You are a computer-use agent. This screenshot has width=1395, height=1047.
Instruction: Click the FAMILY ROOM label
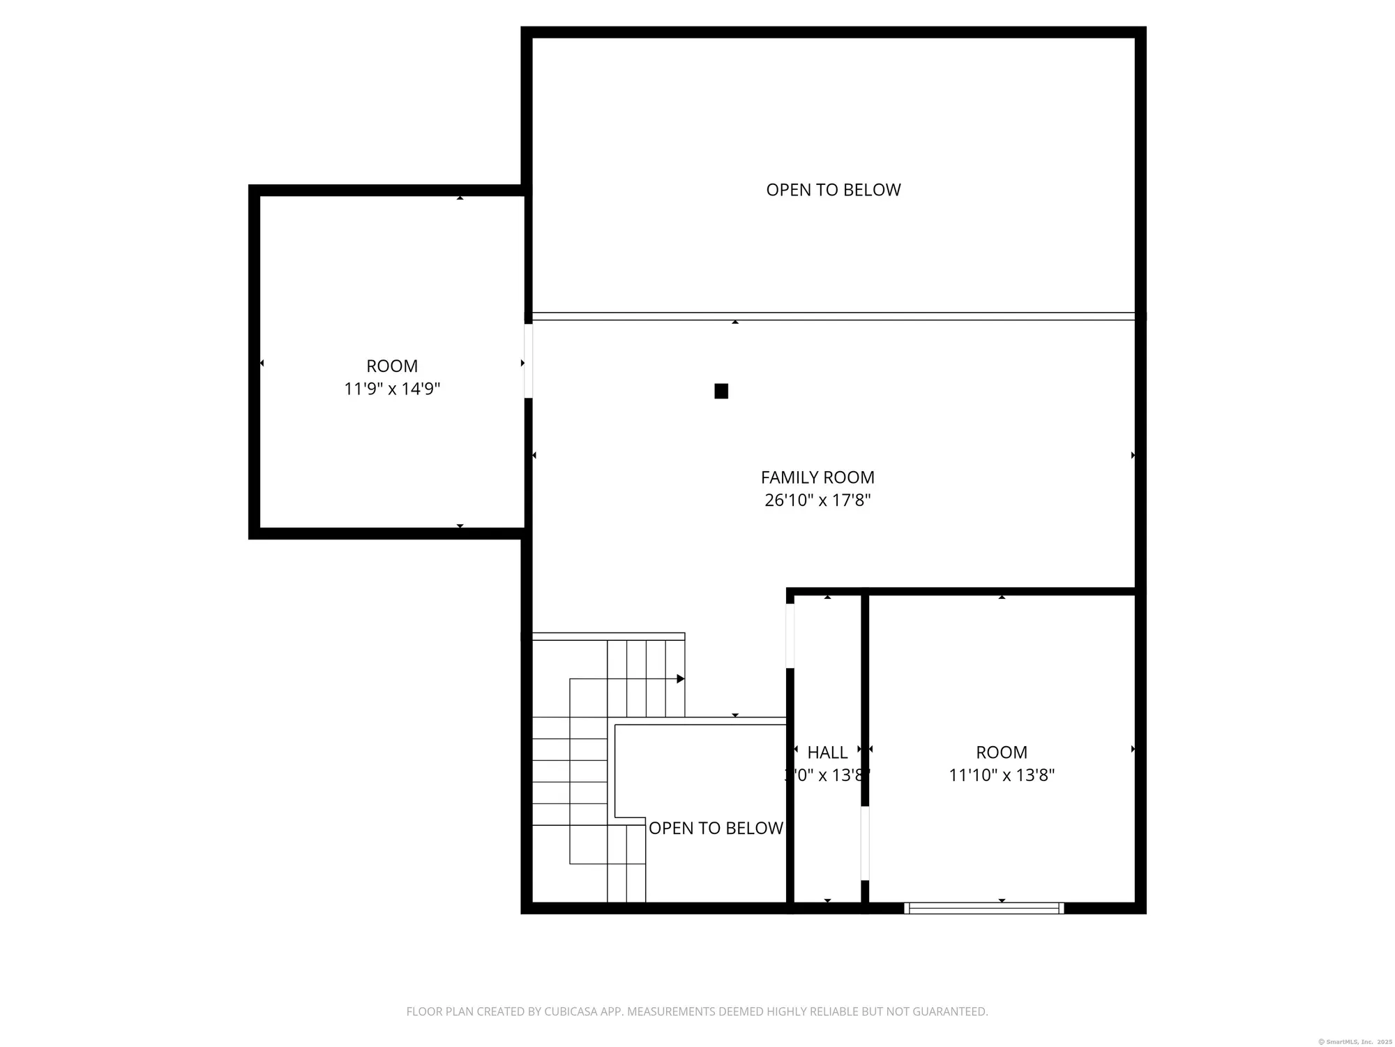point(817,477)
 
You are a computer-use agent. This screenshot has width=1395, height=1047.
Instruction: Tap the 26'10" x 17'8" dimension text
point(817,500)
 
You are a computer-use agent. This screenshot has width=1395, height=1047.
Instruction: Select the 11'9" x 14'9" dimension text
point(392,389)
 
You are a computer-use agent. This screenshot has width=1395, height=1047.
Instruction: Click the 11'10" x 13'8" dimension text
point(1002,775)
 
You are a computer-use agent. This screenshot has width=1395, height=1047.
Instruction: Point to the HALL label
point(827,752)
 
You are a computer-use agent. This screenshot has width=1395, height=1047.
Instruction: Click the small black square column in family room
point(721,391)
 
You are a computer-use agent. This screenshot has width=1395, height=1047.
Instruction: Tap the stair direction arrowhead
point(681,678)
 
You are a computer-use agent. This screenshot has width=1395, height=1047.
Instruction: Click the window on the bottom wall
point(983,908)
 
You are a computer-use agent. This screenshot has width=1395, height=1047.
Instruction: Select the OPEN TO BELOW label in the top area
point(834,190)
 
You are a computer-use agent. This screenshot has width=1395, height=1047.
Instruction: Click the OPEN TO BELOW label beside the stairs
point(716,828)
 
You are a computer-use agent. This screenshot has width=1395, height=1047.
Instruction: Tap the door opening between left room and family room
point(528,361)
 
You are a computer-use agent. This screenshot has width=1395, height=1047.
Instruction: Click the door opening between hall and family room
point(790,635)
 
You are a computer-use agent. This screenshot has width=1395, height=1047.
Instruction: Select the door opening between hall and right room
point(865,842)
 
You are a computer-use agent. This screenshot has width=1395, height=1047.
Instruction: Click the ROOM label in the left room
point(392,366)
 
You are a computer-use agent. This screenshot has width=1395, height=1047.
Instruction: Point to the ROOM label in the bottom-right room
point(1002,752)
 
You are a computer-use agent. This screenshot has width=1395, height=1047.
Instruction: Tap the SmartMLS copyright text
point(1355,1041)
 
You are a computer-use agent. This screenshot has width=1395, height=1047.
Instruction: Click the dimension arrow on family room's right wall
point(1133,455)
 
